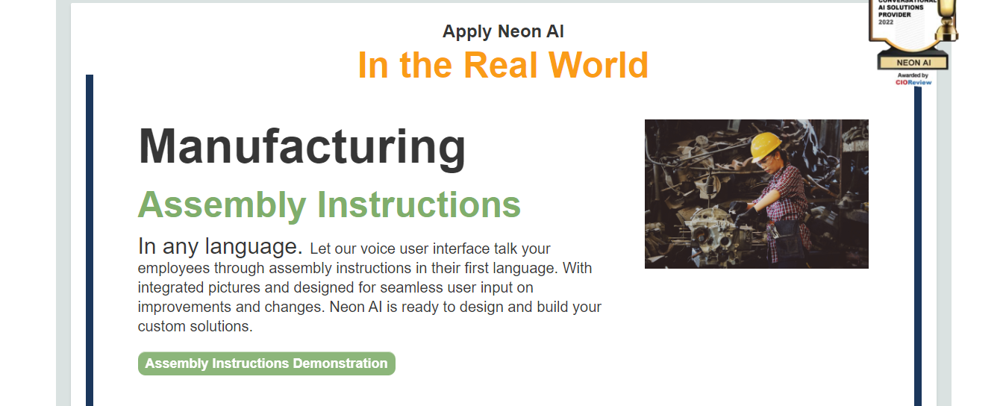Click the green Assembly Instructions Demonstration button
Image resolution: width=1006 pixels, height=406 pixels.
tap(266, 363)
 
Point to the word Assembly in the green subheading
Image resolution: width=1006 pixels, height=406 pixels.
tap(222, 205)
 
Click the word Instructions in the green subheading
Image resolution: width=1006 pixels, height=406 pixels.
tap(419, 204)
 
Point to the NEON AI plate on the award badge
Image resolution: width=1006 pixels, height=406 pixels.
tap(913, 63)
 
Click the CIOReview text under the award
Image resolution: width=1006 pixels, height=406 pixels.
tap(913, 83)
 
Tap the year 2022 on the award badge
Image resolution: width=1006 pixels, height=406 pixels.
tap(886, 22)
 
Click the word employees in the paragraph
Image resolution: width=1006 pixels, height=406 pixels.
tap(174, 269)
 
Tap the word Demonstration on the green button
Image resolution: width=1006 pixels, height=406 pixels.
tap(340, 363)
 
